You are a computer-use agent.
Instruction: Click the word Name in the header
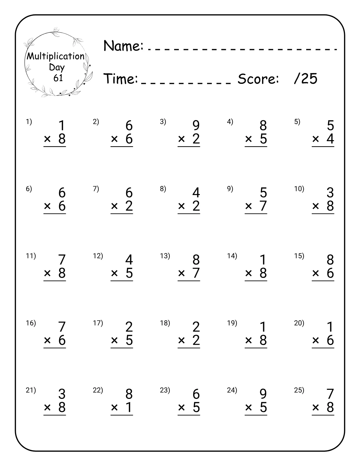[123, 46]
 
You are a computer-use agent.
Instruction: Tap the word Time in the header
[121, 79]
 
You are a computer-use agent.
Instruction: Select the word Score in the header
[258, 79]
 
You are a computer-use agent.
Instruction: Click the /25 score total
[306, 79]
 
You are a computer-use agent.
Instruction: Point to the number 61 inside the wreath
[58, 78]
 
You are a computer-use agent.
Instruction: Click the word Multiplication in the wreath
[56, 56]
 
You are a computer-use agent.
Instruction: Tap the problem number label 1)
[29, 122]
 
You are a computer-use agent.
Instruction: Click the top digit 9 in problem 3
[196, 126]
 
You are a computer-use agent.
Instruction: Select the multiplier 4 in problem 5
[330, 139]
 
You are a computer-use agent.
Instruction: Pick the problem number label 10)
[299, 189]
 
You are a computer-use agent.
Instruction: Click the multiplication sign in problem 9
[249, 206]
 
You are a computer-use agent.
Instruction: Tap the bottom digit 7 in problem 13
[196, 273]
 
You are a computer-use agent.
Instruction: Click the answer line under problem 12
[122, 281]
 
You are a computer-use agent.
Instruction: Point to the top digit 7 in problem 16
[62, 327]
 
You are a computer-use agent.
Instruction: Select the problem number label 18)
[165, 323]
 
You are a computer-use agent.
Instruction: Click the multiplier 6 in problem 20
[330, 340]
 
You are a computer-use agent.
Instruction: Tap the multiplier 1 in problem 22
[129, 407]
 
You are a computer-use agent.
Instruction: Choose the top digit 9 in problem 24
[263, 394]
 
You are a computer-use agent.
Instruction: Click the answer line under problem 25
[323, 415]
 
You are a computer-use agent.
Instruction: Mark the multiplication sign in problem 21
[47, 408]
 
